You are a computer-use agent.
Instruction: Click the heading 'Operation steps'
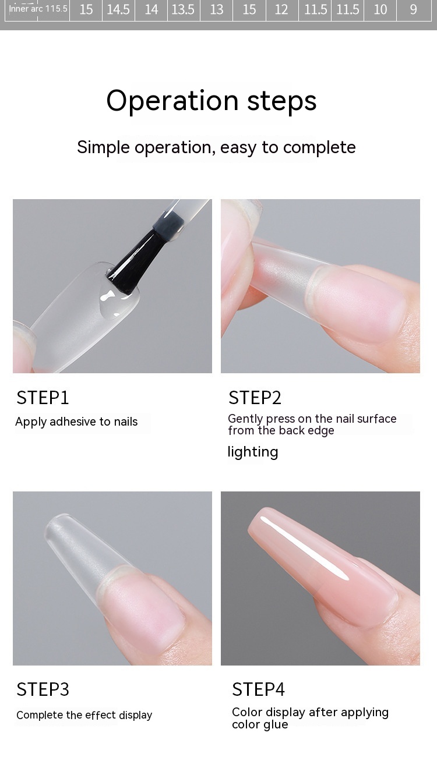point(212,101)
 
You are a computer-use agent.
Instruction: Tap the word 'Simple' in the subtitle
point(103,148)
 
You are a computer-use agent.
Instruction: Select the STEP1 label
point(43,398)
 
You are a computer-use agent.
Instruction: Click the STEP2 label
point(255,398)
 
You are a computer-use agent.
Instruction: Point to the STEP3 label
point(43,689)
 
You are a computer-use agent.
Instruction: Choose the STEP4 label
point(258,689)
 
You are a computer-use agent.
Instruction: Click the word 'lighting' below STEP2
point(253,452)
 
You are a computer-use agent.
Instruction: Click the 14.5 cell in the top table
point(118,9)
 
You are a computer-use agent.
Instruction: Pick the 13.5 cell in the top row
point(183,9)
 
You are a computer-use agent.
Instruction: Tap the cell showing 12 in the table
point(281,9)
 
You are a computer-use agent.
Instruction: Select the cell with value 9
point(414,9)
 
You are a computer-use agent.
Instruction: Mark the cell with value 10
point(380,9)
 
